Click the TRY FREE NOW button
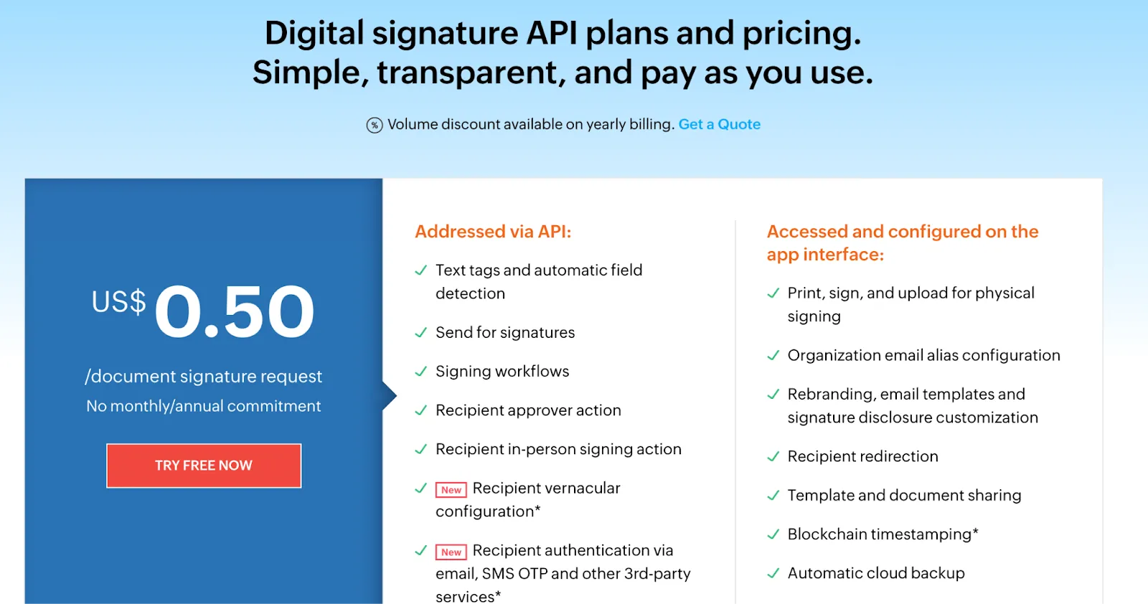click(204, 466)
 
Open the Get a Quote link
click(719, 124)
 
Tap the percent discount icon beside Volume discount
click(375, 126)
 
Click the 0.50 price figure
click(235, 312)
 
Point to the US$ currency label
click(118, 302)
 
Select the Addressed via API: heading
click(493, 232)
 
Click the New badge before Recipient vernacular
click(451, 490)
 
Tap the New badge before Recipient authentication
click(451, 552)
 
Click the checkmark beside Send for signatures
click(421, 333)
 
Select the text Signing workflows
click(502, 372)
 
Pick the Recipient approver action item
click(528, 410)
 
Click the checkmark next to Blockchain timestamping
click(773, 534)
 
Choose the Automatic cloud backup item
click(876, 573)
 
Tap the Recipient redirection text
click(862, 457)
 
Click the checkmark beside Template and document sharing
click(773, 496)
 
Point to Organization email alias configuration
click(923, 356)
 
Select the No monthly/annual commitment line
click(204, 406)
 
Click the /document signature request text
click(204, 377)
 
